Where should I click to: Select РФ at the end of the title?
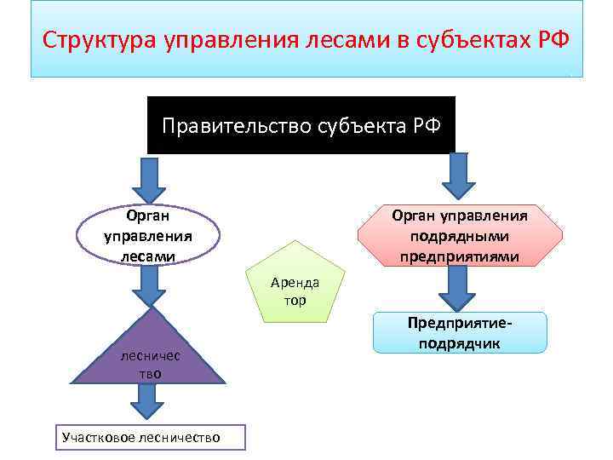click(x=551, y=40)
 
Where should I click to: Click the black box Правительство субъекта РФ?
click(x=301, y=125)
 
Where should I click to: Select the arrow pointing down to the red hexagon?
click(x=459, y=175)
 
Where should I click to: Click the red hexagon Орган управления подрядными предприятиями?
click(x=460, y=236)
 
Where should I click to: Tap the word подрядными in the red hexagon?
click(x=460, y=236)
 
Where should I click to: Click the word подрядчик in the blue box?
click(x=460, y=343)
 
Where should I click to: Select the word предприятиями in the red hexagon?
click(x=460, y=256)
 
